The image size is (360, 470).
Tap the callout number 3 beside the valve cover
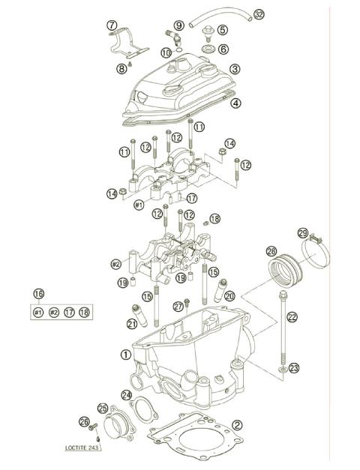coord(235,69)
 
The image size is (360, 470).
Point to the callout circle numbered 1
coord(125,349)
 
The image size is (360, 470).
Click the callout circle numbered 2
coord(237,425)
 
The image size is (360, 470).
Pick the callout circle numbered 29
coord(303,233)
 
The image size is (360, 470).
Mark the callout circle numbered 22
coord(292,317)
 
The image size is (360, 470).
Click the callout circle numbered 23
coord(294,367)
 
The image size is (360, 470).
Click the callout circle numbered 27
coord(178,305)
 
